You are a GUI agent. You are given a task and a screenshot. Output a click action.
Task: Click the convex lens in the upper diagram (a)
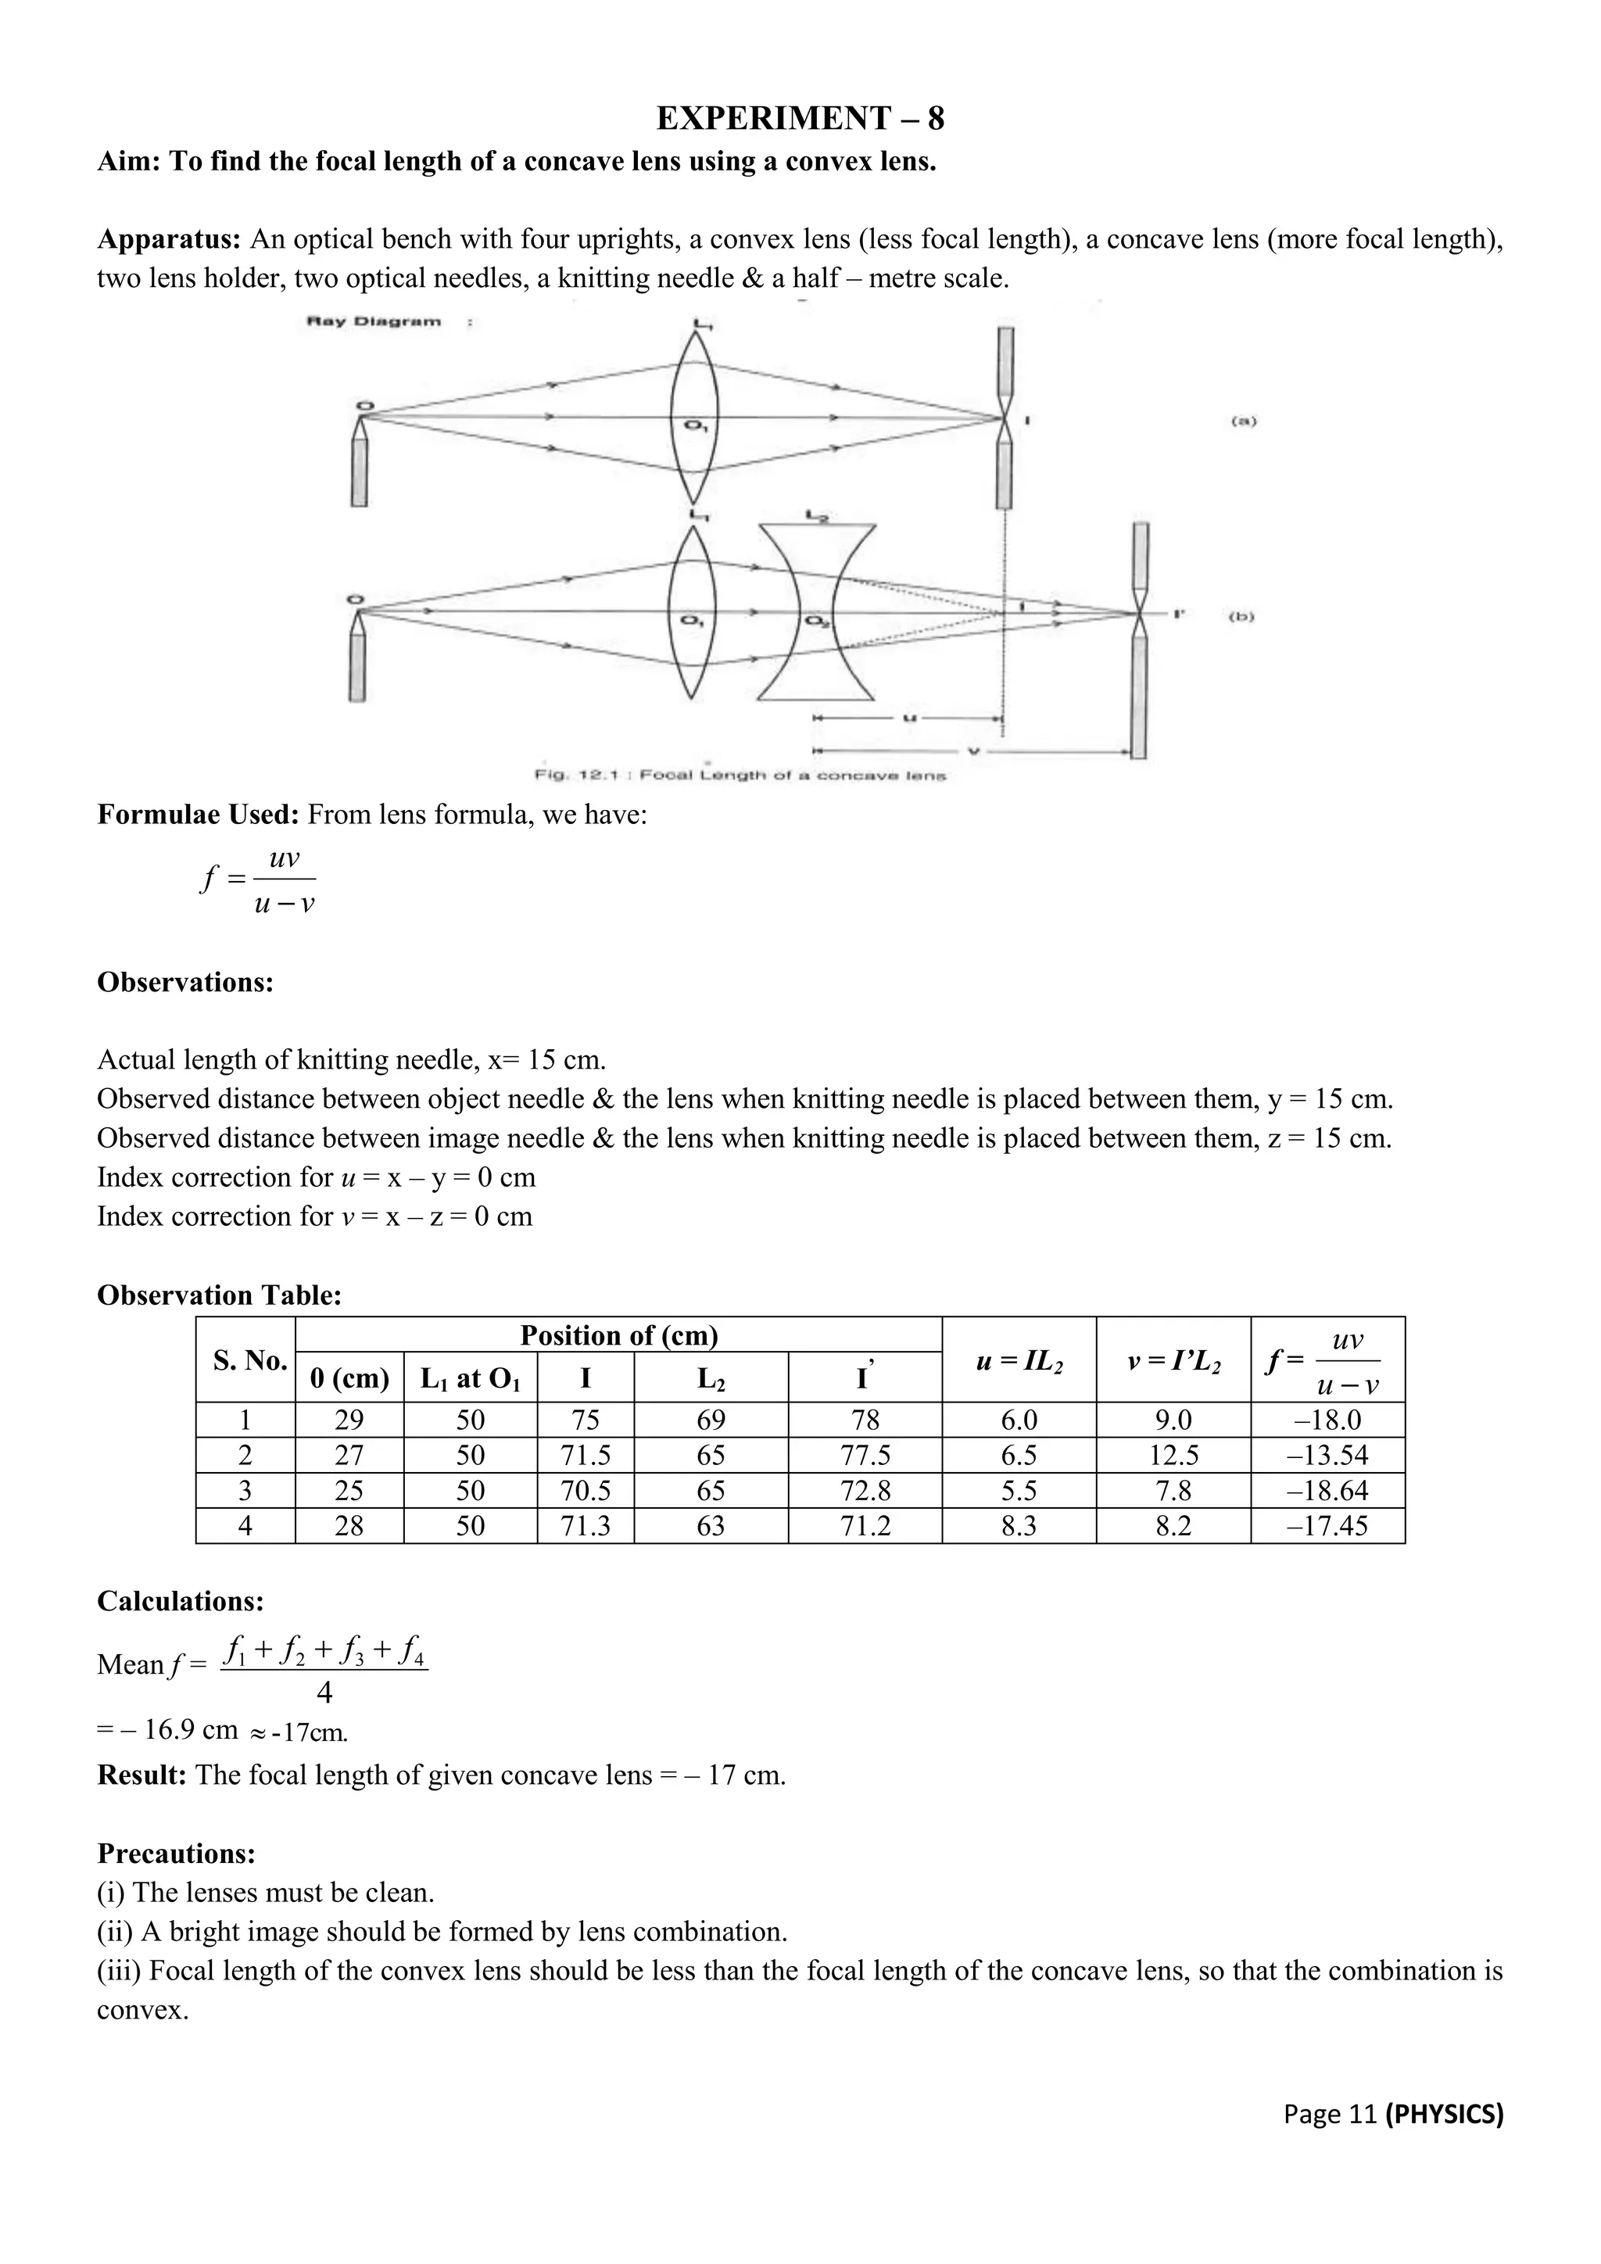tap(694, 418)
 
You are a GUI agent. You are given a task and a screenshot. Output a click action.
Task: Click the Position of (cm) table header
tap(618, 1335)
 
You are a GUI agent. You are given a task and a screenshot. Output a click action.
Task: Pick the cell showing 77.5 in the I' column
tap(865, 1456)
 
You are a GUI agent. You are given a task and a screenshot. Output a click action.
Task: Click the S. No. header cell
tap(249, 1361)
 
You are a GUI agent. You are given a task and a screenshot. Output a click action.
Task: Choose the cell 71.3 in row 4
tap(585, 1527)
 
